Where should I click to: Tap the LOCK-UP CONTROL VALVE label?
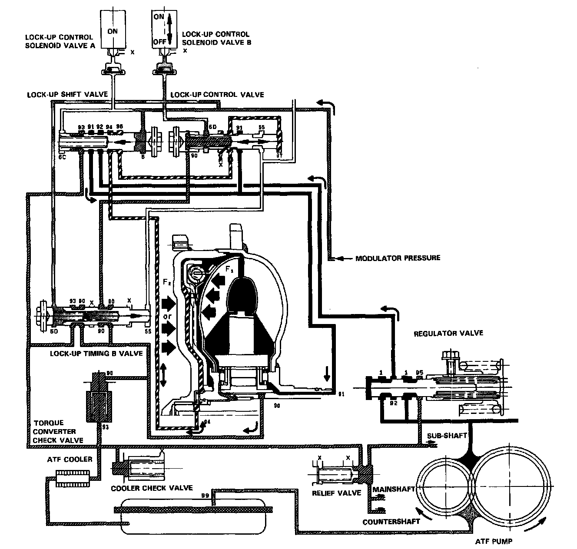point(217,95)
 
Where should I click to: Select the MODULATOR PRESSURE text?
point(398,258)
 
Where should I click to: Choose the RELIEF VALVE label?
point(337,493)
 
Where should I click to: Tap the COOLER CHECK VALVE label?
point(152,488)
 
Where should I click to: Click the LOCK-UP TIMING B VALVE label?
point(96,353)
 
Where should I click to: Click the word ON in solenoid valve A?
point(113,31)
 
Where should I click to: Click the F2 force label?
point(167,282)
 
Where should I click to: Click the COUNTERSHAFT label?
point(391,521)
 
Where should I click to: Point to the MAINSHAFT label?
point(392,488)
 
